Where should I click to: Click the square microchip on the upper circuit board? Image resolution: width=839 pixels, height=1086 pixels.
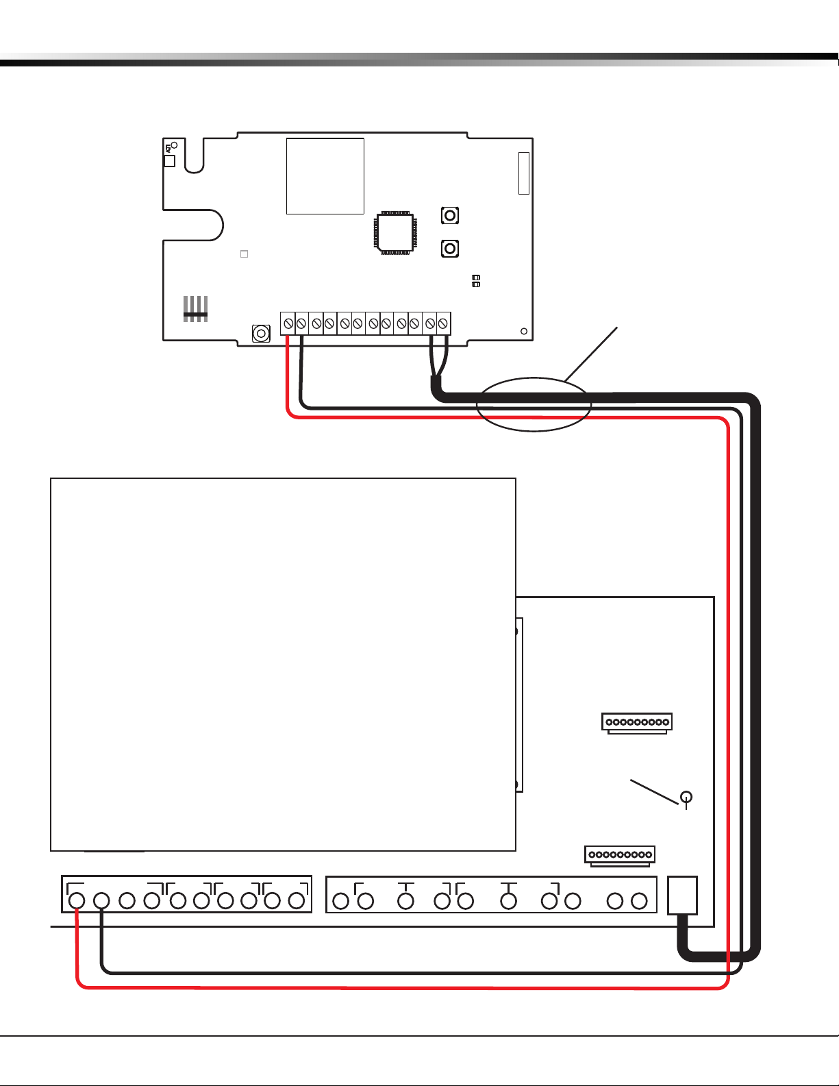click(x=395, y=233)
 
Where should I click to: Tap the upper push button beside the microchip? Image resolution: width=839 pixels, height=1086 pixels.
click(x=450, y=216)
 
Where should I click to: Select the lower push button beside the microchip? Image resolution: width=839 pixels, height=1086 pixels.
click(x=450, y=248)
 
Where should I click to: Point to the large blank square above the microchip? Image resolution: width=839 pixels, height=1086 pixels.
click(x=325, y=176)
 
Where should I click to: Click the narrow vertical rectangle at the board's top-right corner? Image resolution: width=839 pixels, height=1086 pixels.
click(x=524, y=173)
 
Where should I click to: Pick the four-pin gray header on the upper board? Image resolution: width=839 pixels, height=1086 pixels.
click(x=195, y=309)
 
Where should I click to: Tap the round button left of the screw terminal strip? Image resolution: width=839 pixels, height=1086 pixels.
click(x=261, y=334)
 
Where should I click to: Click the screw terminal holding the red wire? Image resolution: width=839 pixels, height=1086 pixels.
click(x=288, y=323)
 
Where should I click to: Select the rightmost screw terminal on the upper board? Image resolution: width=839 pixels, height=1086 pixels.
click(x=443, y=323)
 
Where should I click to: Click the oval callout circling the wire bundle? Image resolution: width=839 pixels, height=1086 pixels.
click(x=534, y=404)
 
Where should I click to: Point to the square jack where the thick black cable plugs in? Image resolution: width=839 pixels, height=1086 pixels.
click(x=682, y=895)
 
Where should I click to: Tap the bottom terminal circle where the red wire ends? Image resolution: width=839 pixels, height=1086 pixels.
click(x=77, y=900)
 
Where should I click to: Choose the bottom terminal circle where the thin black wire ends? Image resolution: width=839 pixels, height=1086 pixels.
click(x=101, y=900)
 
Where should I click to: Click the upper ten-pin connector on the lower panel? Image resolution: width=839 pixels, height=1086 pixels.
click(x=637, y=722)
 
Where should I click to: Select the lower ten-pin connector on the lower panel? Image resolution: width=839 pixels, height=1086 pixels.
click(x=620, y=854)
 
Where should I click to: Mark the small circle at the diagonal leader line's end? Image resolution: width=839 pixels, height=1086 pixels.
click(x=686, y=797)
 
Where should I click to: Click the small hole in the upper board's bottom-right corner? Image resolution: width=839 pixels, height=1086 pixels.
click(x=524, y=332)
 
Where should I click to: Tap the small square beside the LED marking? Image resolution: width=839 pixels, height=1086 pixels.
click(x=170, y=161)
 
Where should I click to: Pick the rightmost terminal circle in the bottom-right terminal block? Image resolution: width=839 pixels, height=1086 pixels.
click(x=639, y=900)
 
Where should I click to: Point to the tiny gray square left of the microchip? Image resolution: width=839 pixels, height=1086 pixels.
click(x=244, y=254)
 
